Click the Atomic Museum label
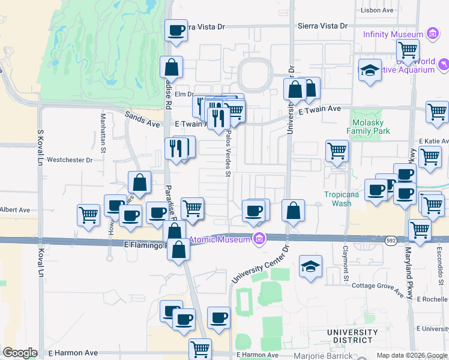[219, 240]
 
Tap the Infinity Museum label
[393, 34]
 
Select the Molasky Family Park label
[369, 127]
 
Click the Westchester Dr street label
[70, 160]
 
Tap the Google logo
[20, 353]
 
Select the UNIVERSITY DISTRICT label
[352, 337]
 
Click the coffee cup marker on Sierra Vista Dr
[176, 30]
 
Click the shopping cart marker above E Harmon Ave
[200, 348]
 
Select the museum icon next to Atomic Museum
[259, 239]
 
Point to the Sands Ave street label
[143, 119]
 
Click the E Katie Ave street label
[434, 141]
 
